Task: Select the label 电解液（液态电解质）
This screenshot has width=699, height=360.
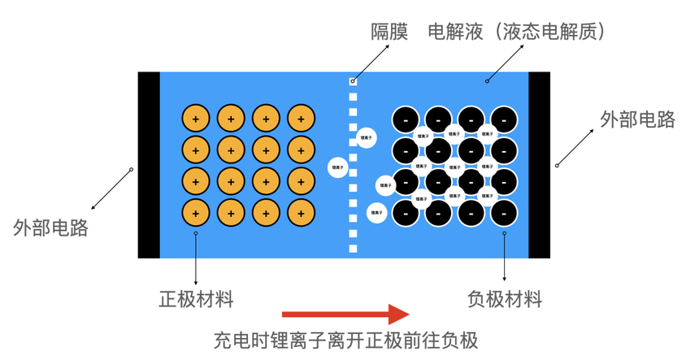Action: click(x=517, y=32)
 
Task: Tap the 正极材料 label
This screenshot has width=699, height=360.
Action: click(x=196, y=299)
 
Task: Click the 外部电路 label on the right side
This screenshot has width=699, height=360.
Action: click(x=637, y=119)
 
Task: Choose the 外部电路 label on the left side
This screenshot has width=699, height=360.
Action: click(x=50, y=228)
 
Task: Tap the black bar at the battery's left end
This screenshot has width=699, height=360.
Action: click(x=149, y=165)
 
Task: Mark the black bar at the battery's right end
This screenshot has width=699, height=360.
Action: click(x=540, y=165)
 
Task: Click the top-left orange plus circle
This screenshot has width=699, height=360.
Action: click(x=196, y=119)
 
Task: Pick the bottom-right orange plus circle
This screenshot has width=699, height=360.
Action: click(x=302, y=213)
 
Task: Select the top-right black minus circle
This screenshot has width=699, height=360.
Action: click(x=503, y=119)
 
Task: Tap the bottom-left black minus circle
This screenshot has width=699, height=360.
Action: click(x=406, y=213)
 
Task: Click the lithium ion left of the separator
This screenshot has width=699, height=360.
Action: click(x=339, y=167)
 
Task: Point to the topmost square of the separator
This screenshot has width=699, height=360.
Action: click(x=353, y=81)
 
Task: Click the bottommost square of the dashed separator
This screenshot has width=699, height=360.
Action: click(x=353, y=248)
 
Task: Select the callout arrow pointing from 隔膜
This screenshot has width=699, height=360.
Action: click(x=371, y=63)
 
